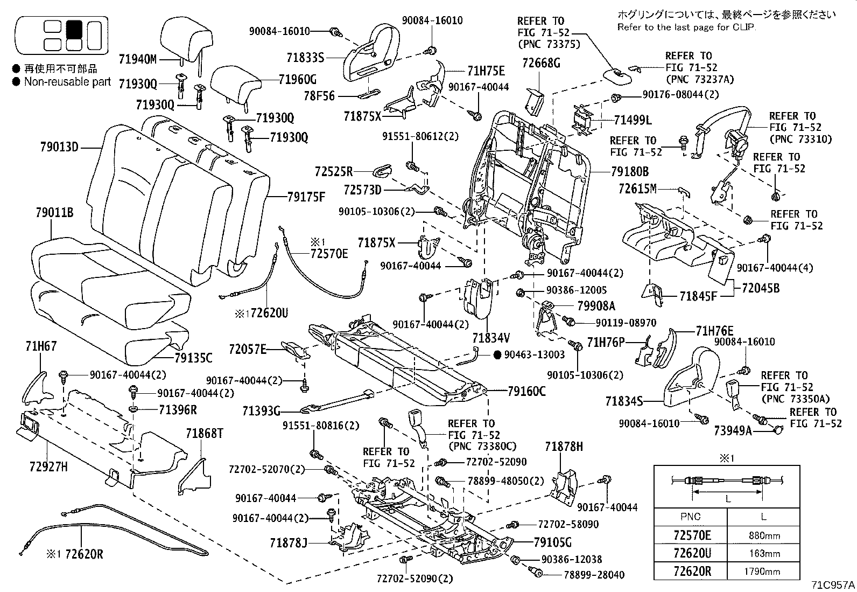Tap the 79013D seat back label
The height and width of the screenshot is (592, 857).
coord(59,147)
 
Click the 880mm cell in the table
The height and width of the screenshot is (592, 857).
coord(764,536)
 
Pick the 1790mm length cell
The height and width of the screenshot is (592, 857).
coord(764,572)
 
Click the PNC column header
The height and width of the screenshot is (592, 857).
coord(690,517)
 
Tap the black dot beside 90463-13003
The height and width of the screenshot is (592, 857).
coord(497,354)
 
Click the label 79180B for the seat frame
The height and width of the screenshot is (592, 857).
coord(630,172)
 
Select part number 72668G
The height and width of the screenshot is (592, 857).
coord(541,63)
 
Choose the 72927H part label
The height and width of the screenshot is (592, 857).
coord(49,467)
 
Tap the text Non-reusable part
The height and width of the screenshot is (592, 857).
coord(67,82)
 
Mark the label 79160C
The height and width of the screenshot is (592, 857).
coord(526,392)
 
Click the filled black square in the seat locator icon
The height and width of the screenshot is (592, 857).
coord(74,27)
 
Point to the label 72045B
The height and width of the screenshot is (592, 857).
coord(760,288)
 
